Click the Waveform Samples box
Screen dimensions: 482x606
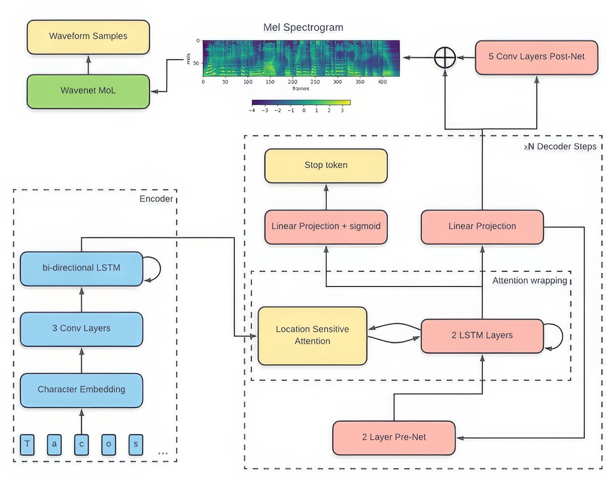(88, 37)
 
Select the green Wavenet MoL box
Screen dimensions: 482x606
(88, 91)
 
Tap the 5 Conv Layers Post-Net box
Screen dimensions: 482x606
(536, 57)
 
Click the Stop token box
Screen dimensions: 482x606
(326, 166)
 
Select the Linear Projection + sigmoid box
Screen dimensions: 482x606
(326, 227)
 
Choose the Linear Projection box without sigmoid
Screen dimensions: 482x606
(482, 227)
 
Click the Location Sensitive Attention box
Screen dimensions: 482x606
(312, 335)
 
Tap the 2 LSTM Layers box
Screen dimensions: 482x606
(482, 335)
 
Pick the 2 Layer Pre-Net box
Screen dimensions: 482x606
(394, 438)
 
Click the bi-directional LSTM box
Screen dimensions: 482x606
(81, 268)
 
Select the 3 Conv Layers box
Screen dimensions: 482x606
(81, 329)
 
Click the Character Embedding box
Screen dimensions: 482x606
(81, 390)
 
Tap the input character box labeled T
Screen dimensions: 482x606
(27, 445)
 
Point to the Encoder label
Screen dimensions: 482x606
(156, 199)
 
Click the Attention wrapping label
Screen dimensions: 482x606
(530, 280)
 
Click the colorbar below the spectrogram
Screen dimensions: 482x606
(300, 102)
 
